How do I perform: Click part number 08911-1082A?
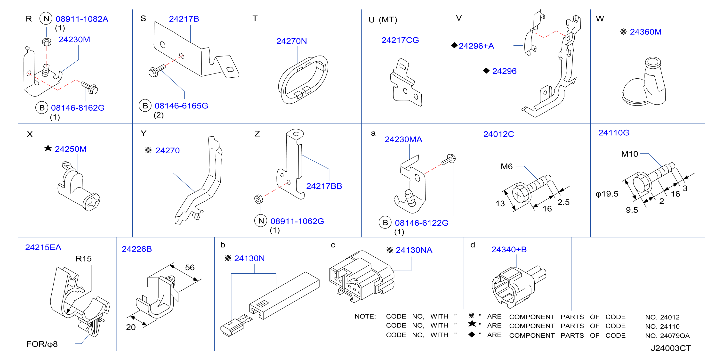[82, 19]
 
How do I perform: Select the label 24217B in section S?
[184, 19]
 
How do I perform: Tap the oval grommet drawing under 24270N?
[303, 80]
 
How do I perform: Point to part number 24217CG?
[400, 40]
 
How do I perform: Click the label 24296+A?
[476, 46]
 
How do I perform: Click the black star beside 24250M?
[48, 148]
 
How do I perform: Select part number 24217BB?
[324, 186]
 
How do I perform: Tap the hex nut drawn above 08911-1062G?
[258, 199]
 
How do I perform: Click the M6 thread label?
[506, 166]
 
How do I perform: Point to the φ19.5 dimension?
[607, 194]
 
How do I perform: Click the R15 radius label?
[84, 259]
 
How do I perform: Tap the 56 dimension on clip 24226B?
[190, 267]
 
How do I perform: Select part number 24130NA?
[414, 250]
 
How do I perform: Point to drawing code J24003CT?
[671, 348]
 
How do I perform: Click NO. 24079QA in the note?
[667, 335]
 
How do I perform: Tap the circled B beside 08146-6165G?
[145, 106]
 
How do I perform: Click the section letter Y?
[144, 133]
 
